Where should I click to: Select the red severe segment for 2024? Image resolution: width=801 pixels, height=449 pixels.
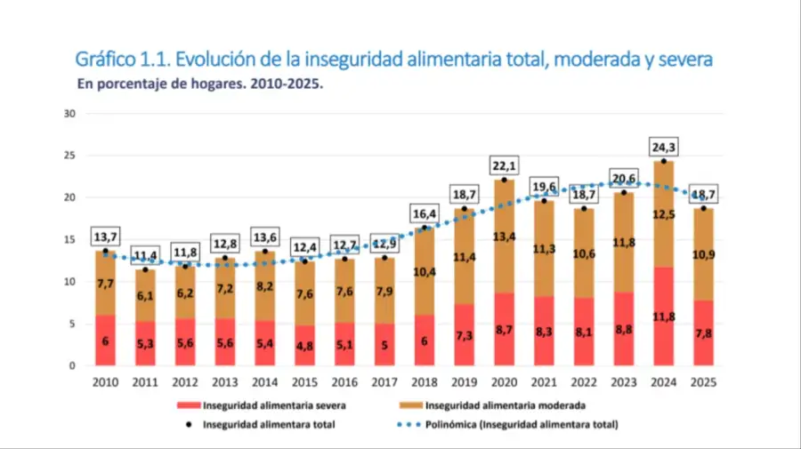pos(664,317)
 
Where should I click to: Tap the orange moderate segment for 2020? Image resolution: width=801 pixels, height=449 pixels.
pos(505,236)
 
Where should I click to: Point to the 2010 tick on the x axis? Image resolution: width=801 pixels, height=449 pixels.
pos(106,382)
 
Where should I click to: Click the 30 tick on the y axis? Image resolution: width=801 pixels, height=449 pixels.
pos(69,113)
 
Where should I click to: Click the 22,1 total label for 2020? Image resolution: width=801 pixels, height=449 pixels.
pos(505,165)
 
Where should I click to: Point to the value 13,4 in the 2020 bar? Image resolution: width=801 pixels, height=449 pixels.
pos(505,236)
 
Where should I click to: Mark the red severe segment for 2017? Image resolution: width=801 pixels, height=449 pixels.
pos(385,344)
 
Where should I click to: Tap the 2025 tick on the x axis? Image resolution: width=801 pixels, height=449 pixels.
pos(704,382)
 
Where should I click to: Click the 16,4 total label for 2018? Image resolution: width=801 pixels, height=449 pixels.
pos(425,213)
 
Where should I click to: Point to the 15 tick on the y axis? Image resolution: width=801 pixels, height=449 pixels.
pos(69,239)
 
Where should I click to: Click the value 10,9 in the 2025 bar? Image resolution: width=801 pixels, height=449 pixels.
pos(704,254)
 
